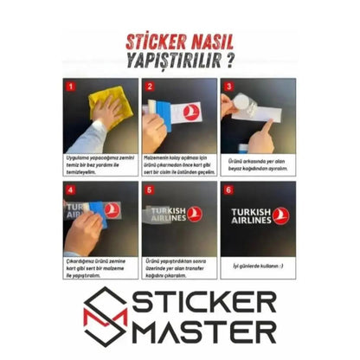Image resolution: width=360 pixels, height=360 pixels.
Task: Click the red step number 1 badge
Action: pyautogui.click(x=71, y=86)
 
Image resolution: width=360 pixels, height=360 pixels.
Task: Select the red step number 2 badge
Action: pyautogui.click(x=148, y=86)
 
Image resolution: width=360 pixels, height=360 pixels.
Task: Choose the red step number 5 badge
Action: pyautogui.click(x=148, y=188)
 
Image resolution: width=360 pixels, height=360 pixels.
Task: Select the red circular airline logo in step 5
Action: pyautogui.click(x=195, y=214)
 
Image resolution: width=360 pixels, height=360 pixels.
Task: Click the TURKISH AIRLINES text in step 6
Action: pyautogui.click(x=250, y=215)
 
